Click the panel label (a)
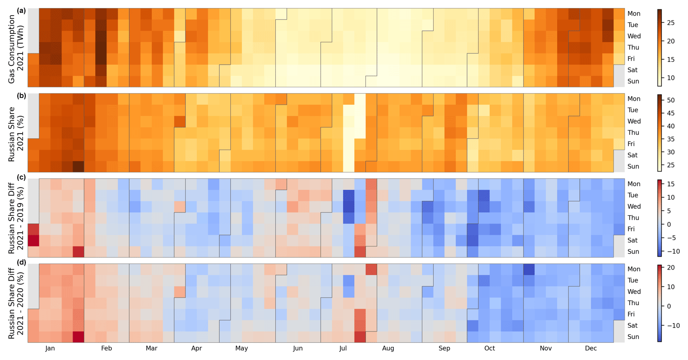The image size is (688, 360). click(21, 11)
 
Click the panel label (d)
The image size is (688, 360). click(21, 262)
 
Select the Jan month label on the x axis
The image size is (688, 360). click(50, 348)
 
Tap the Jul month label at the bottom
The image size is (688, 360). click(343, 348)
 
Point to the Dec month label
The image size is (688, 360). click(591, 348)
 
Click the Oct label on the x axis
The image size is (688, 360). click(490, 348)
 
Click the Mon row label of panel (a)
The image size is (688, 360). click(634, 14)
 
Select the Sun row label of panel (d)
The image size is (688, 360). click(633, 337)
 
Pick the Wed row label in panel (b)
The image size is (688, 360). click(634, 121)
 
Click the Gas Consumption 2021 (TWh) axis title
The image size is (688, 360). click(16, 48)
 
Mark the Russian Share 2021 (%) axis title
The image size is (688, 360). click(16, 134)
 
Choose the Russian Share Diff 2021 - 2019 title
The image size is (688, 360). click(16, 217)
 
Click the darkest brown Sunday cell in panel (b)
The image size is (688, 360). click(78, 166)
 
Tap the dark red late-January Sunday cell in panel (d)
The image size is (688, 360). click(78, 337)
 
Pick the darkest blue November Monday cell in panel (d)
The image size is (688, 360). click(529, 269)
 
